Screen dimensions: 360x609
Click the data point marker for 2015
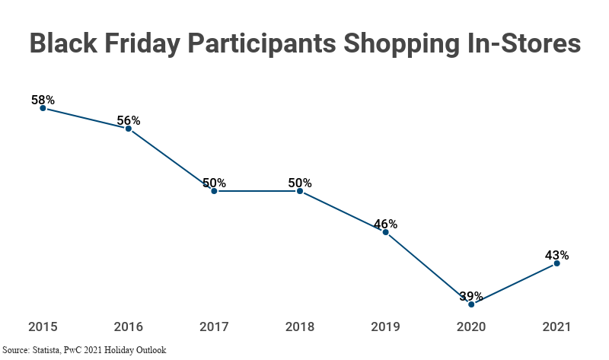(43, 108)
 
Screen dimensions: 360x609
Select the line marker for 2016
(129, 129)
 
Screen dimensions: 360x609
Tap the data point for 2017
(214, 191)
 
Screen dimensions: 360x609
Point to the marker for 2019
(386, 232)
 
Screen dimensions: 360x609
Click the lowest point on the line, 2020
(471, 304)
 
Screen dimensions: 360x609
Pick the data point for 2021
(557, 263)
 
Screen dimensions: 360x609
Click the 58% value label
(43, 100)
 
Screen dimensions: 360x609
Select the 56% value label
(129, 120)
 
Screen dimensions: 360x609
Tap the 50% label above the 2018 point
(300, 183)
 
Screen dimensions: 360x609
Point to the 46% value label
(386, 224)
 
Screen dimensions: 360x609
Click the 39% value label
(471, 296)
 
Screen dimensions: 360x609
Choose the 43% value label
(557, 255)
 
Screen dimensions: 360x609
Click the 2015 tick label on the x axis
(43, 327)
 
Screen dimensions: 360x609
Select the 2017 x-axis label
(214, 327)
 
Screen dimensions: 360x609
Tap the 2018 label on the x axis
(300, 327)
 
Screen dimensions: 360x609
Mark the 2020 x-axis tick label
(471, 327)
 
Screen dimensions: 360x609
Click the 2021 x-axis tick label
(557, 327)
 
